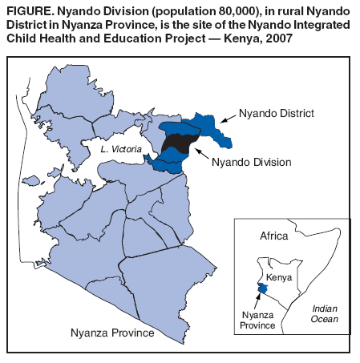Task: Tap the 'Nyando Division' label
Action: pyautogui.click(x=252, y=163)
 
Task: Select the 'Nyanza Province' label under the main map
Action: pyautogui.click(x=112, y=333)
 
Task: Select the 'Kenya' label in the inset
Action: pyautogui.click(x=278, y=276)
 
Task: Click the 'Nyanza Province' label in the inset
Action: pyautogui.click(x=258, y=319)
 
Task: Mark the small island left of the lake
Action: pyautogui.click(x=30, y=180)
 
